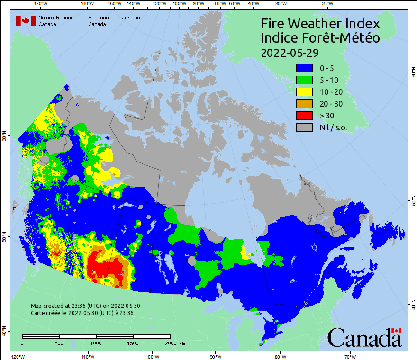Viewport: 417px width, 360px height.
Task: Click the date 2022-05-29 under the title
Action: point(290,52)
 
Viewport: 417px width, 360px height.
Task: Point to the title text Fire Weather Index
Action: point(320,24)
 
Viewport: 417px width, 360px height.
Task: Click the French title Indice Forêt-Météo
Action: point(320,38)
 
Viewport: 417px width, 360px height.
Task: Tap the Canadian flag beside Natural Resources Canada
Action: point(26,20)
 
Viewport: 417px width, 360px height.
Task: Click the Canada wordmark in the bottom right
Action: point(364,337)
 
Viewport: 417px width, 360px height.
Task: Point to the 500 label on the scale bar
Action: point(59,343)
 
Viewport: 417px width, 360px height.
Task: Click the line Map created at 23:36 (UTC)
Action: point(85,306)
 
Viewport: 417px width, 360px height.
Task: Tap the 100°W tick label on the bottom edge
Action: point(152,356)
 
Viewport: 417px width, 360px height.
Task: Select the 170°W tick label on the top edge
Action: point(41,4)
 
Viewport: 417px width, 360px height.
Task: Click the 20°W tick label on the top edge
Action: point(326,4)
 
